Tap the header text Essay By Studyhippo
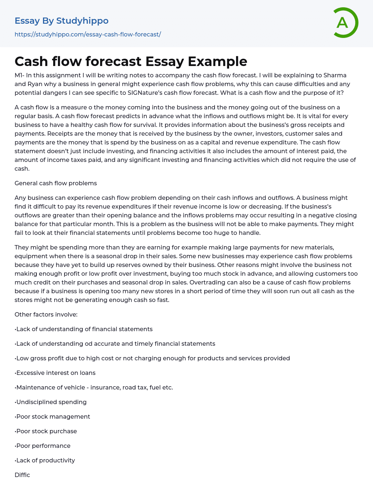(x=62, y=21)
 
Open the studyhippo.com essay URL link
(x=88, y=34)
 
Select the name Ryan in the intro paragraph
(x=35, y=84)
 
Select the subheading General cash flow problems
(x=56, y=183)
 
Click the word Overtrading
(x=206, y=282)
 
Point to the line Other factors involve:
(x=46, y=314)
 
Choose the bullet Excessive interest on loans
(x=56, y=373)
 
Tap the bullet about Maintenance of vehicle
(x=94, y=387)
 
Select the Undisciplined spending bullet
(x=51, y=402)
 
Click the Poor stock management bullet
(x=53, y=416)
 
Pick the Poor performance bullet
(x=43, y=446)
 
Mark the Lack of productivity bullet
(x=46, y=460)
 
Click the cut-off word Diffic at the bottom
(x=22, y=475)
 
